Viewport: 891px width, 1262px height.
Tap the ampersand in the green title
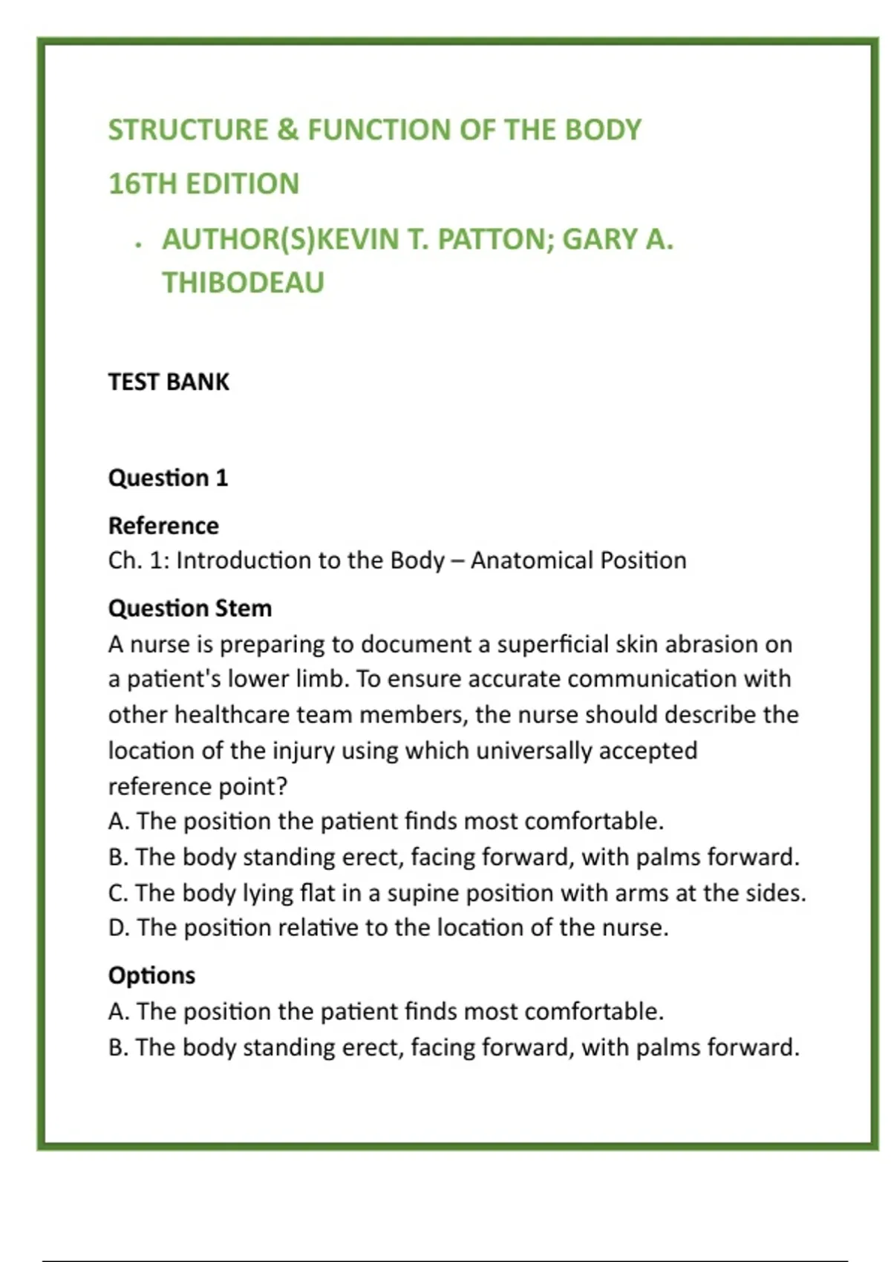coord(287,131)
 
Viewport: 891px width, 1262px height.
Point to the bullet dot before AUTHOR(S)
coord(139,244)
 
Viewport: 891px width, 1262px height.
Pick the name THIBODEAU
coord(243,283)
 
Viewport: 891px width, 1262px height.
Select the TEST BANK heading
coord(169,382)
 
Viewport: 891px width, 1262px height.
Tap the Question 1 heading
coord(168,477)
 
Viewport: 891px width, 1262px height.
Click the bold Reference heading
coord(163,526)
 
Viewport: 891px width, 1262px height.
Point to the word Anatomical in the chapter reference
coord(532,560)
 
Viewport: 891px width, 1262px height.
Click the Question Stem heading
coord(190,608)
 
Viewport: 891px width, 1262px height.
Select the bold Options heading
coord(151,975)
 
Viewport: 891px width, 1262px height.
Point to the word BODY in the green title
coord(603,131)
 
